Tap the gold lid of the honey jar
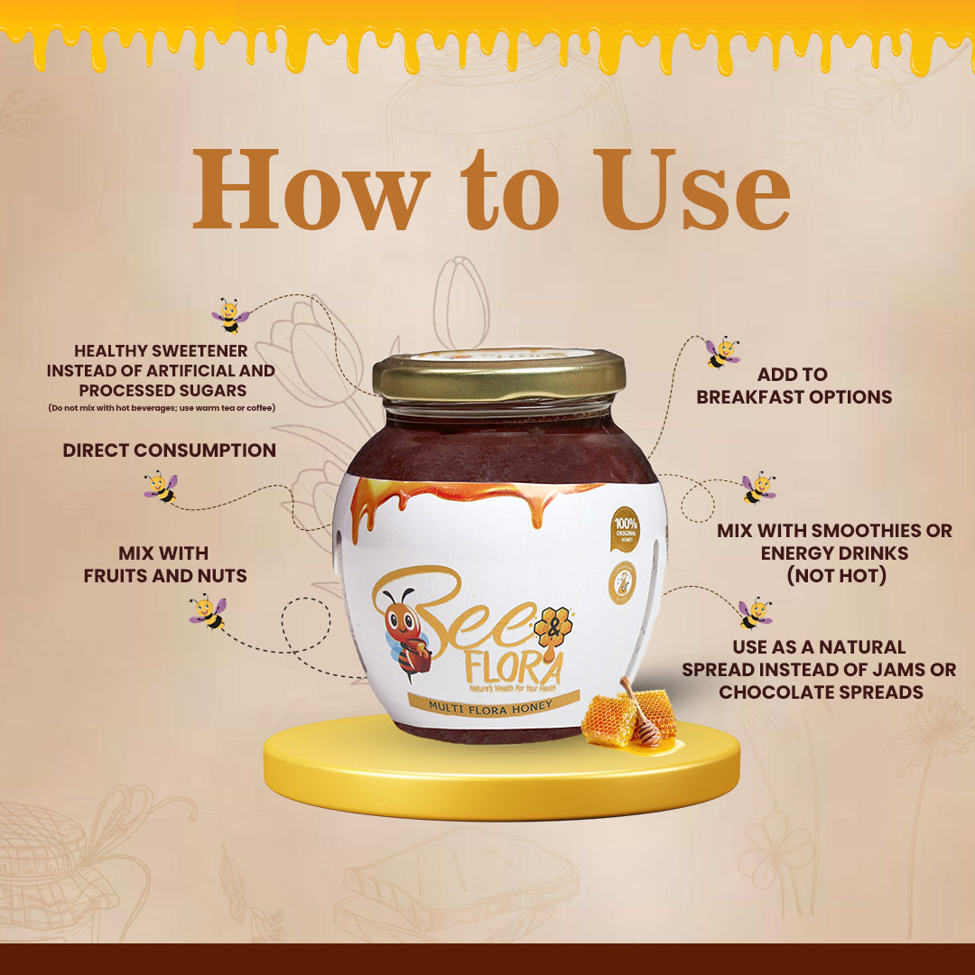(x=499, y=376)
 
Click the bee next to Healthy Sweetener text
(x=230, y=316)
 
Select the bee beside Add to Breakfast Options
(x=722, y=352)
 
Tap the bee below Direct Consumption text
(x=161, y=487)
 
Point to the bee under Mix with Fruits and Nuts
(x=208, y=611)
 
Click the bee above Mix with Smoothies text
(x=758, y=487)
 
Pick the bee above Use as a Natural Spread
(x=755, y=613)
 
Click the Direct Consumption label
(x=169, y=450)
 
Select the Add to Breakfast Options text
(x=794, y=385)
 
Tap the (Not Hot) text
(x=834, y=576)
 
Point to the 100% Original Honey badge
(x=624, y=525)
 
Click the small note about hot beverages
(x=162, y=408)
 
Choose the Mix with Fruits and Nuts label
(x=164, y=564)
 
